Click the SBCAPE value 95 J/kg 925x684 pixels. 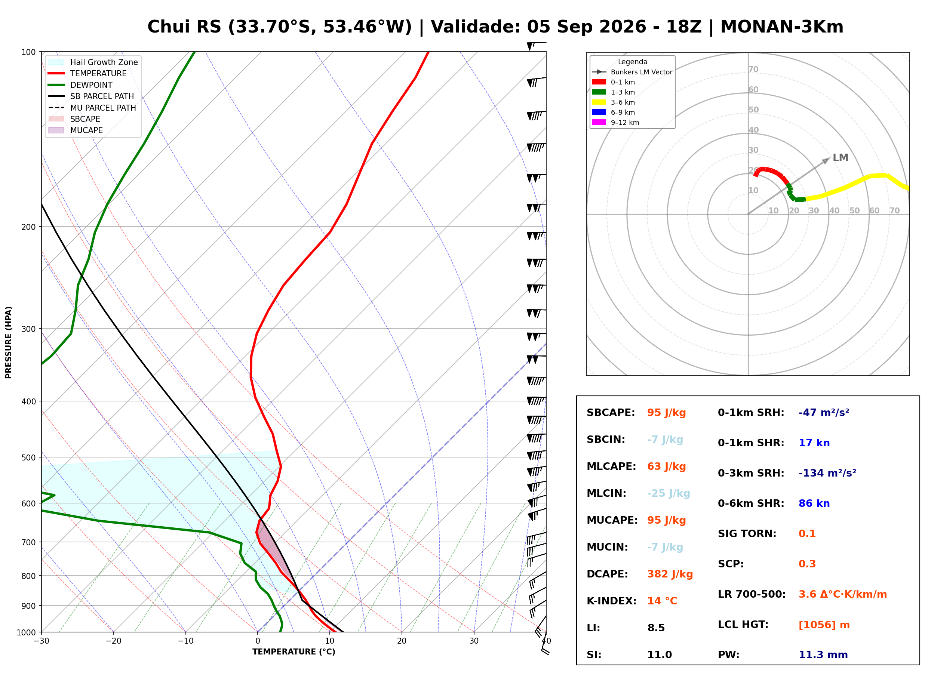tap(666, 413)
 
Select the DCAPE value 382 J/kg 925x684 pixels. tap(670, 574)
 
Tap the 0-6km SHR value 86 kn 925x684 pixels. tap(814, 503)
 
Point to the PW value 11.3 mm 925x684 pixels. tap(823, 655)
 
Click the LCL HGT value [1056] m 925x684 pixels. tap(824, 625)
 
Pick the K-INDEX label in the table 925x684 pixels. tap(612, 601)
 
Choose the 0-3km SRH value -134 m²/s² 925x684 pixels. tap(827, 473)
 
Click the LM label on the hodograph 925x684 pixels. tap(841, 158)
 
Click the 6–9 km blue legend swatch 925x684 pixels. tap(599, 112)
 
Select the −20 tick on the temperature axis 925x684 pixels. tap(113, 641)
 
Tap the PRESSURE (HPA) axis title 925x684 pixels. tap(9, 342)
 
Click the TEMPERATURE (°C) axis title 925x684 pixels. tap(294, 652)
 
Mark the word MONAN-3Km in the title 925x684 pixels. tap(782, 27)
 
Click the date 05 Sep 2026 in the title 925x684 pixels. tap(586, 27)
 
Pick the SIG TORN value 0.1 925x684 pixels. tap(807, 534)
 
